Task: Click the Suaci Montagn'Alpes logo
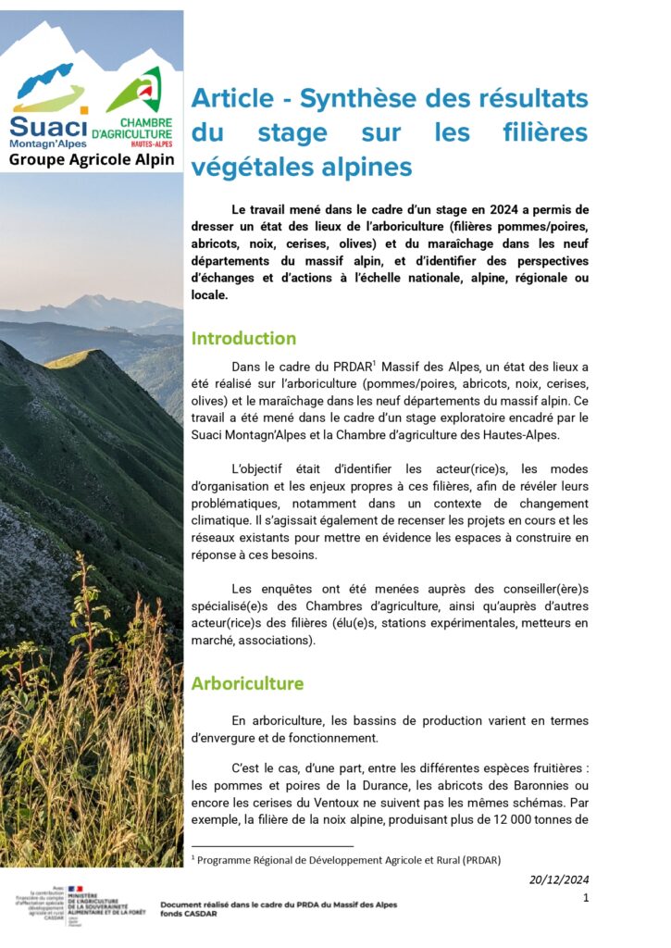[x=48, y=106]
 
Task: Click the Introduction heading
[x=243, y=338]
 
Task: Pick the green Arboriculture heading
[x=247, y=683]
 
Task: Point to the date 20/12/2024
[x=559, y=879]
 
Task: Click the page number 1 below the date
[x=586, y=898]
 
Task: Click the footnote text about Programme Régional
[x=348, y=860]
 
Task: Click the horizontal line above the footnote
[x=272, y=846]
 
